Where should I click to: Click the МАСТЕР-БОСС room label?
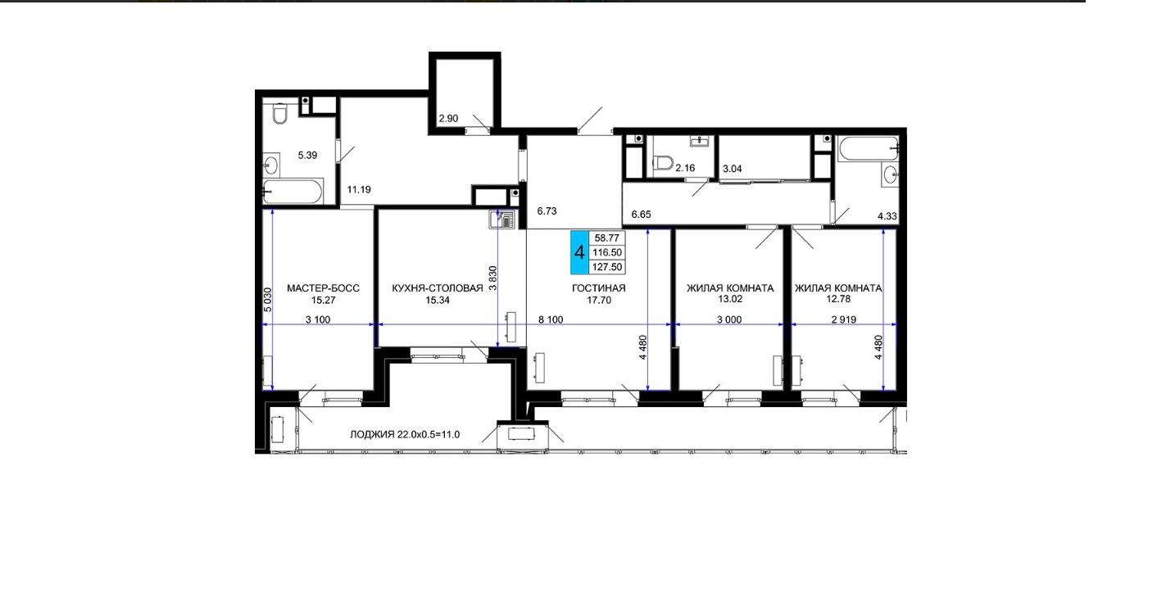(x=324, y=288)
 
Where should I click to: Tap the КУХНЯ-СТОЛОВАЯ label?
(x=438, y=288)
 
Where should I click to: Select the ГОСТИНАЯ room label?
(x=599, y=288)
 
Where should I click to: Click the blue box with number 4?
(x=579, y=252)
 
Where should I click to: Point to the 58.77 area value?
(x=607, y=238)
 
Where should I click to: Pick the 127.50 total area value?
(x=607, y=267)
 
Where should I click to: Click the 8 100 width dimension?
(x=551, y=319)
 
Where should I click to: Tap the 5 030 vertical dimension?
(x=268, y=300)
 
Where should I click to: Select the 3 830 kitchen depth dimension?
(x=492, y=278)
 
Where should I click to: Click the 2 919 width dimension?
(x=844, y=319)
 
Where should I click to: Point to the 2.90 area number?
(x=448, y=118)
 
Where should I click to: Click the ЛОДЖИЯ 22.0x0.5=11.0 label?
(x=405, y=435)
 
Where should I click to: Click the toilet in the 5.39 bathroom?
(x=280, y=114)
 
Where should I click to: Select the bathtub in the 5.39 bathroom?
(x=293, y=192)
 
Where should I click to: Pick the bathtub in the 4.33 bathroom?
(x=869, y=149)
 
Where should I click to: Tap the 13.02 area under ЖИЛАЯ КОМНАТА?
(x=730, y=299)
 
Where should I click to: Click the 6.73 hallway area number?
(x=547, y=210)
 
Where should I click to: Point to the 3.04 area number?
(x=733, y=168)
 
